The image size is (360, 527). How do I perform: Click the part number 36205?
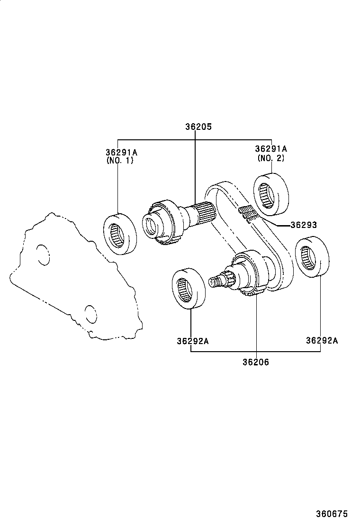coord(198,127)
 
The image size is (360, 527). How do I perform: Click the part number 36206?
coord(256,362)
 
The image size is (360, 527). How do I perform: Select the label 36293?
coord(303,225)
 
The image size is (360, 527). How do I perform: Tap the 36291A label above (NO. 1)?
coord(121,152)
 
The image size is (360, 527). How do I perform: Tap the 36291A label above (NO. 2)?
coord(271,149)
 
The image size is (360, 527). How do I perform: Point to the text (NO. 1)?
coord(120,161)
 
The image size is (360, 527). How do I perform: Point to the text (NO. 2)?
coord(271,158)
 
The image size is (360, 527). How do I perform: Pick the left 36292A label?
coord(193,340)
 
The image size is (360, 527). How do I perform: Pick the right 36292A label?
coord(322,340)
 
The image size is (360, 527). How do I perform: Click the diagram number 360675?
coord(332,514)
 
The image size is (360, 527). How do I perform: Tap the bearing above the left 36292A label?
coord(188,289)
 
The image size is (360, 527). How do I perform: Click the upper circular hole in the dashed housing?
coord(42,254)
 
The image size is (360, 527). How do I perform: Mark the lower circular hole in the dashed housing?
coord(90,313)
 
